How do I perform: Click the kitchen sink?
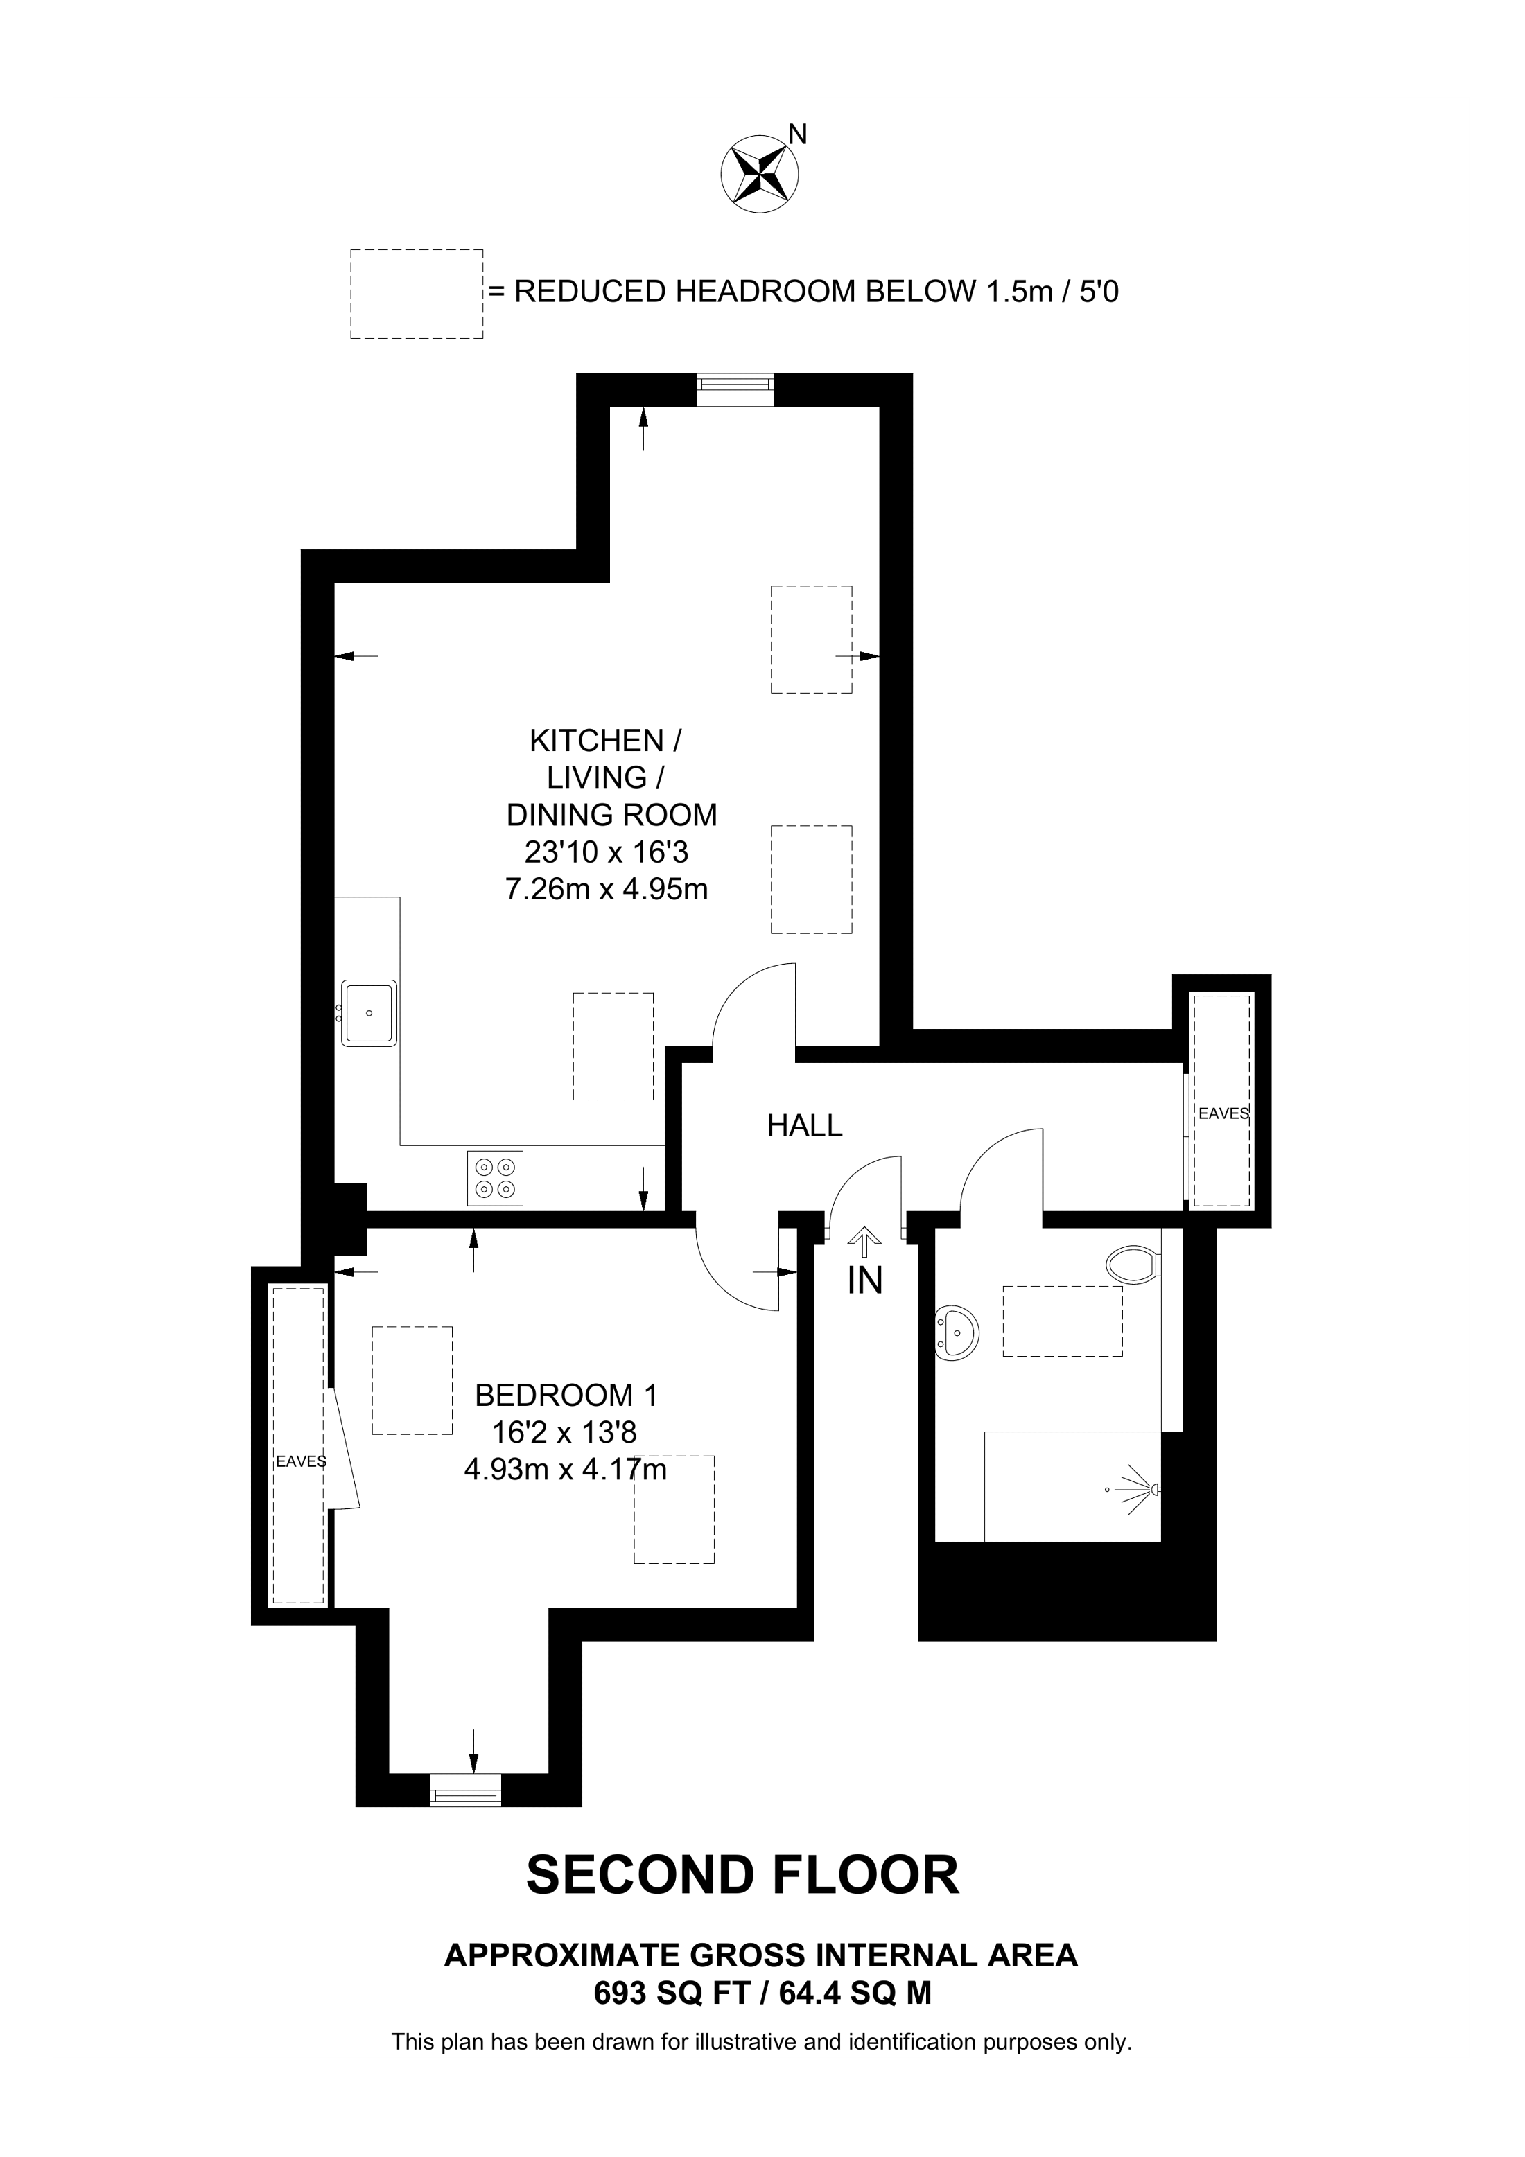(368, 1013)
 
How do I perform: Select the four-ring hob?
(495, 1178)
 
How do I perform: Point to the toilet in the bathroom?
(1134, 1264)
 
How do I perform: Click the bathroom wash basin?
(957, 1332)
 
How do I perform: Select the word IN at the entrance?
(864, 1281)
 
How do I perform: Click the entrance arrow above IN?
(864, 1242)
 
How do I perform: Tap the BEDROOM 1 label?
(566, 1395)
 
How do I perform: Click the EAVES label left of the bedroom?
(301, 1462)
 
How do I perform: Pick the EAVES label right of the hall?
(1223, 1113)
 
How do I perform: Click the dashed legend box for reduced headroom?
(416, 294)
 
